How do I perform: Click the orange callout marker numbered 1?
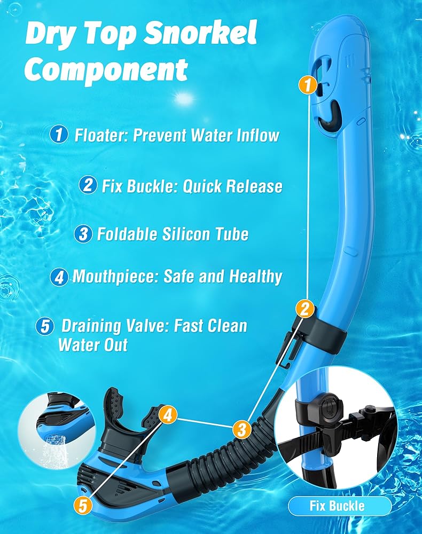308,85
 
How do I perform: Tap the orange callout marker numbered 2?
305,309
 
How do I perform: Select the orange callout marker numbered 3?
242,429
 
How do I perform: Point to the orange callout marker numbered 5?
83,505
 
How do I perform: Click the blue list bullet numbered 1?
59,134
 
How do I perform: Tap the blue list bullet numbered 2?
88,185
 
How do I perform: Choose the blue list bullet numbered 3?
83,234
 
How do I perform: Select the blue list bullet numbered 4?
59,277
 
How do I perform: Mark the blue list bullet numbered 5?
45,326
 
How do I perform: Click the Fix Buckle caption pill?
340,506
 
